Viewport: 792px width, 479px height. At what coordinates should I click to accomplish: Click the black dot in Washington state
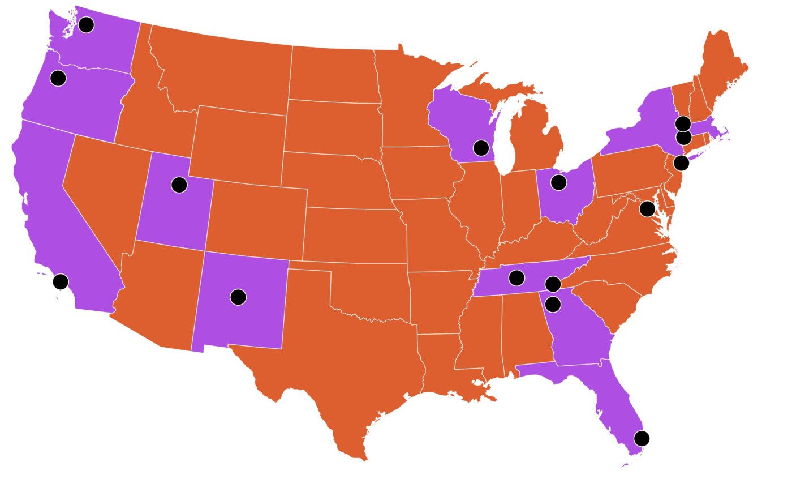click(86, 24)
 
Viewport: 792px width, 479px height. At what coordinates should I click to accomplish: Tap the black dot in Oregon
click(58, 78)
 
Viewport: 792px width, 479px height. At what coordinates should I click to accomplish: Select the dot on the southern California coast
click(61, 281)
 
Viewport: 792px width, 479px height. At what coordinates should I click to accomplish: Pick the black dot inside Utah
click(179, 185)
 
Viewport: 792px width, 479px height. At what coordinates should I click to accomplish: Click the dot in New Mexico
click(238, 297)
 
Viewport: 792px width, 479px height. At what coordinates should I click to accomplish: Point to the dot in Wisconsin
click(481, 148)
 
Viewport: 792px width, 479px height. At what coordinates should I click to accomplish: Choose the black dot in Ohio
click(558, 182)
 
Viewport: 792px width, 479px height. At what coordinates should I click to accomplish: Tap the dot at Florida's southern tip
click(642, 438)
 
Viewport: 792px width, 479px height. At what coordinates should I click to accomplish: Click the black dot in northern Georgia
click(553, 305)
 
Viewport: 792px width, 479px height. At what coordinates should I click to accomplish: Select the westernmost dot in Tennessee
click(516, 278)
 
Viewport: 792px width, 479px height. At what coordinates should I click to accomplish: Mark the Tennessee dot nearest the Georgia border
click(553, 284)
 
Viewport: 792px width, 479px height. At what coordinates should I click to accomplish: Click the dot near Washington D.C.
click(647, 209)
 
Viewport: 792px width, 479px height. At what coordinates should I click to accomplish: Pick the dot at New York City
click(682, 163)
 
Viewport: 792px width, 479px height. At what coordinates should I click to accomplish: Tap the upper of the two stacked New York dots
click(683, 123)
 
